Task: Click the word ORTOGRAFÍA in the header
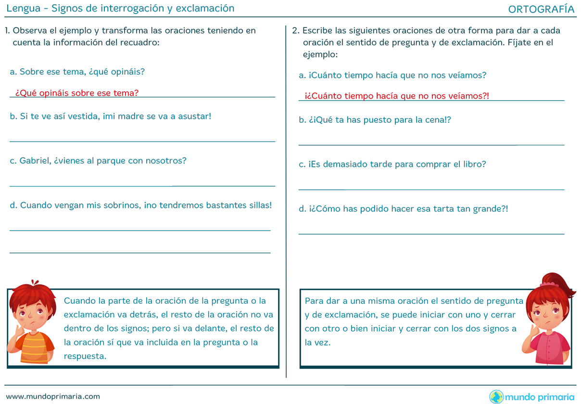click(541, 9)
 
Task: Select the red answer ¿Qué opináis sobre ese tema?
click(77, 93)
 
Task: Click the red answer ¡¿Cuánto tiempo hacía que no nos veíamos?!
click(397, 96)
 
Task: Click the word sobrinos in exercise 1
click(122, 205)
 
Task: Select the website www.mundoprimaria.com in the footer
click(53, 396)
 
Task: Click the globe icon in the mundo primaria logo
click(496, 397)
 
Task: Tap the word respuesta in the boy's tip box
click(85, 356)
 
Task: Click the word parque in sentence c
click(111, 161)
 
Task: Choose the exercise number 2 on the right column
click(295, 31)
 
